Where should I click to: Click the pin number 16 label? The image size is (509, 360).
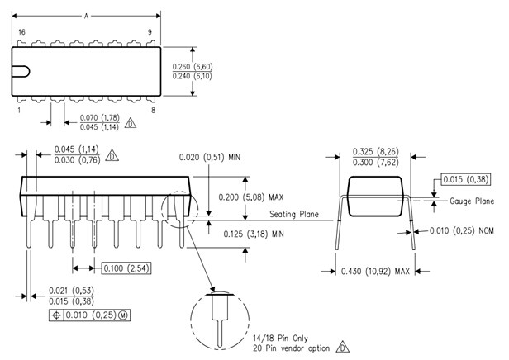pyautogui.click(x=21, y=32)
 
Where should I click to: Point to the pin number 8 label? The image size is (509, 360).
pyautogui.click(x=151, y=109)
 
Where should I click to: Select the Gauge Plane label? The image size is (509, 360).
pyautogui.click(x=472, y=201)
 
